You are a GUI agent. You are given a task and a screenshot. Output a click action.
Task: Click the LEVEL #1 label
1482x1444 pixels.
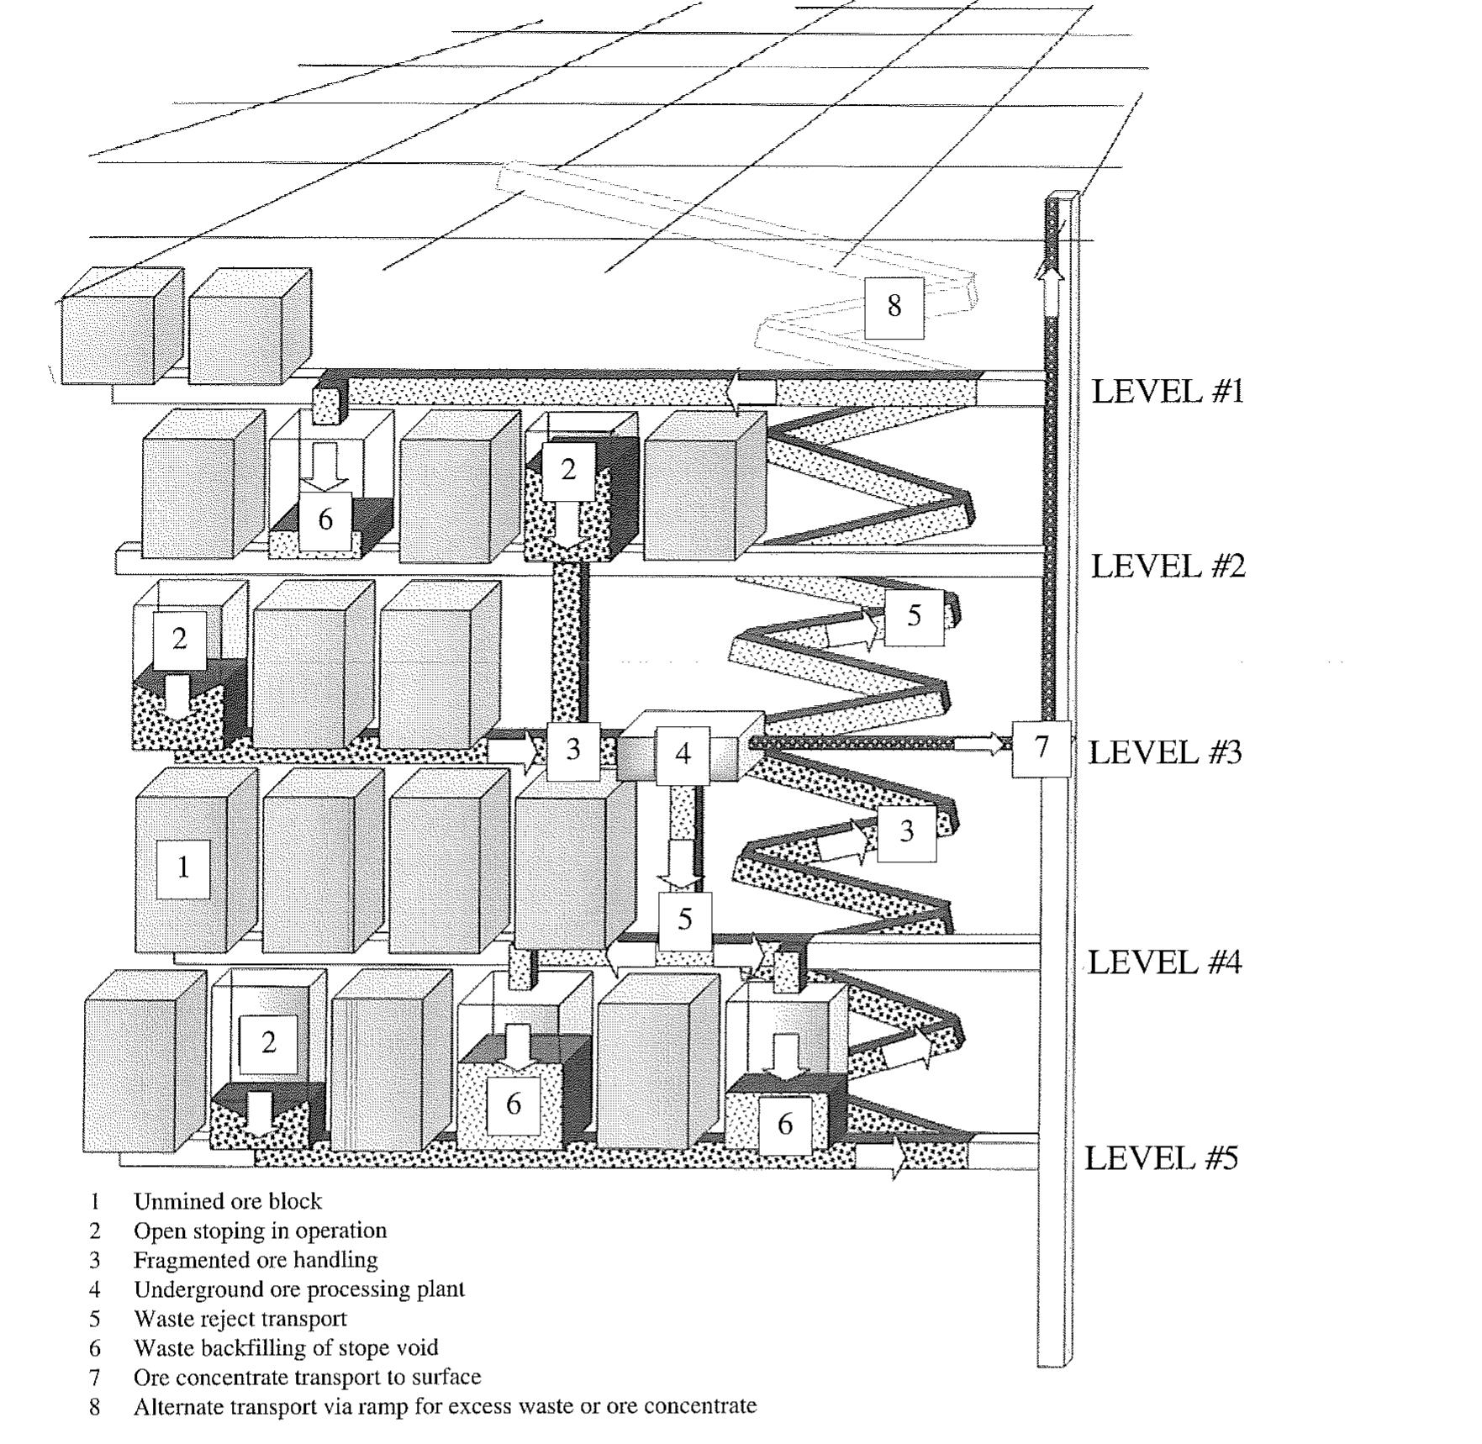coord(1167,392)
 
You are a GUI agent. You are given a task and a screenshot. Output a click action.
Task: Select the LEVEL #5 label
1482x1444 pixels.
coord(1161,1158)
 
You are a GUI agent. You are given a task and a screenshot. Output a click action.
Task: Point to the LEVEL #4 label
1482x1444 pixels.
coord(1164,962)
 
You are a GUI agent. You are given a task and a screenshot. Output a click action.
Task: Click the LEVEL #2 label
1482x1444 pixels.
coord(1168,567)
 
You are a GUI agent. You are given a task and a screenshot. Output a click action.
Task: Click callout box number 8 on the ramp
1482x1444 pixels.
coord(894,306)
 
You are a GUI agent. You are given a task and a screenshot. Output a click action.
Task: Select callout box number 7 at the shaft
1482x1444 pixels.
coord(1042,747)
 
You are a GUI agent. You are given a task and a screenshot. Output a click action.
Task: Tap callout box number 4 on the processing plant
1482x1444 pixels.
coord(683,754)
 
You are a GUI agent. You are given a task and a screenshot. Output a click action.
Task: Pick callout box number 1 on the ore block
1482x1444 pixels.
coord(183,867)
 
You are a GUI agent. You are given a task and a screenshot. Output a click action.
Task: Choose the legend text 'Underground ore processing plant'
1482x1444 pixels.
coord(298,1289)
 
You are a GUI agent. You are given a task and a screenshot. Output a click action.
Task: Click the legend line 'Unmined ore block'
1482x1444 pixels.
coord(227,1201)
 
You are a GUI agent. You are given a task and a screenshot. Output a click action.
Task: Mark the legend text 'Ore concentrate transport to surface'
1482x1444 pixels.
coord(307,1377)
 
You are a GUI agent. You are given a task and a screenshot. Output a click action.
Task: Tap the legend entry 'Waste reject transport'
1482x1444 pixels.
coord(240,1319)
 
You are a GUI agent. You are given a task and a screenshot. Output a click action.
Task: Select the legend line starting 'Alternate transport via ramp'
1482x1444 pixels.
coord(445,1406)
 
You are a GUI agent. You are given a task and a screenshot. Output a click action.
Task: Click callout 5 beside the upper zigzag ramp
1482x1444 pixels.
coord(915,616)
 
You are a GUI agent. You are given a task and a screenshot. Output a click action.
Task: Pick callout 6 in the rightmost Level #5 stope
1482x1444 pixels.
coord(785,1125)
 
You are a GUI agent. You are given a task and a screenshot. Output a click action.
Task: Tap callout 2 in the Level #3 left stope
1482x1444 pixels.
coord(179,640)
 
